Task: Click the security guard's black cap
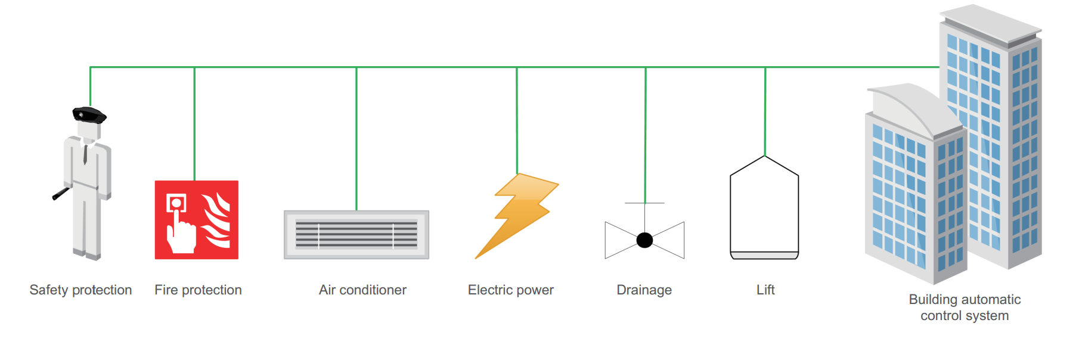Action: tap(89, 114)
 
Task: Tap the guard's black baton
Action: tap(61, 194)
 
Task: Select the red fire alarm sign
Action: tap(197, 220)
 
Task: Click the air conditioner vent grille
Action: tap(356, 234)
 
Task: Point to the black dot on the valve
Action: tap(644, 240)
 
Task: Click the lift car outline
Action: tap(764, 209)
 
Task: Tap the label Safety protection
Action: tap(80, 290)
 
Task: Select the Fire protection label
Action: tap(198, 290)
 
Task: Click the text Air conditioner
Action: tap(362, 290)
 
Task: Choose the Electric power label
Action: tap(510, 290)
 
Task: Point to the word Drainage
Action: tap(644, 290)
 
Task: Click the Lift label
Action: tap(765, 290)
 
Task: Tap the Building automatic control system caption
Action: tap(965, 308)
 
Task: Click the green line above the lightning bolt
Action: tap(517, 119)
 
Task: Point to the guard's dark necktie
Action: tap(85, 154)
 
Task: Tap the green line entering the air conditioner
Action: tap(356, 137)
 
